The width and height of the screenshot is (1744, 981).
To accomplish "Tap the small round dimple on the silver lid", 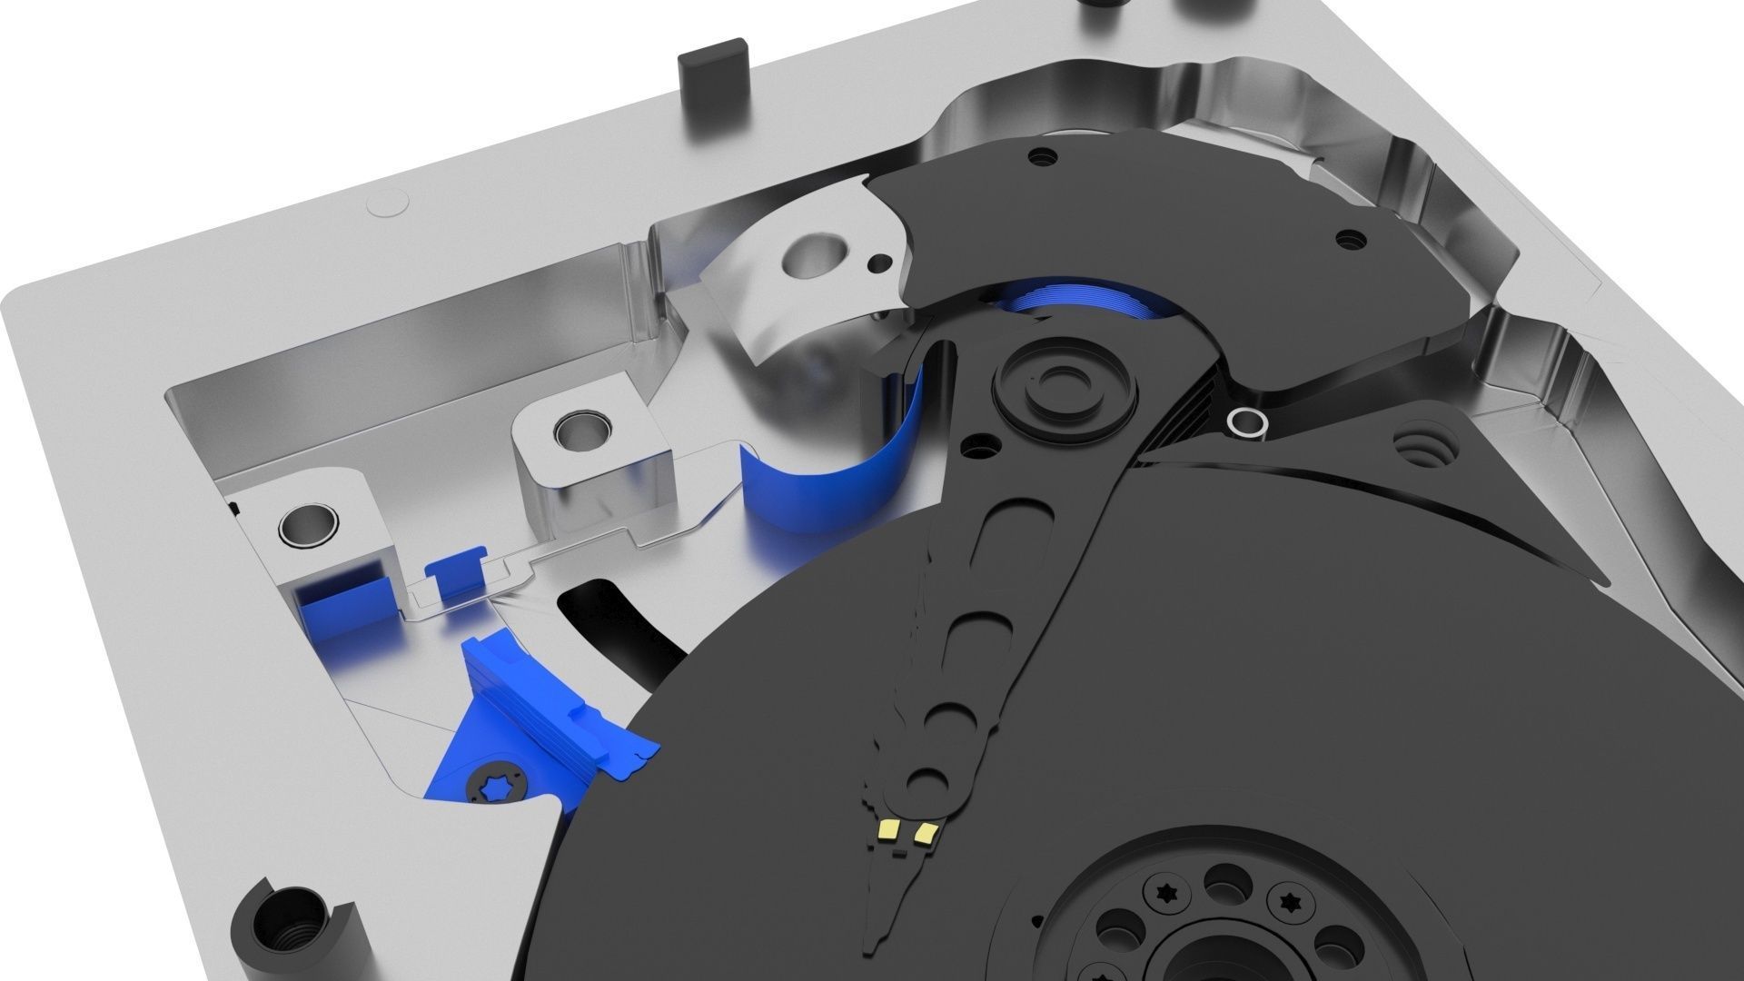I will pyautogui.click(x=387, y=205).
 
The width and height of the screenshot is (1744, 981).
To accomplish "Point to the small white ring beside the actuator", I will pyautogui.click(x=1246, y=421).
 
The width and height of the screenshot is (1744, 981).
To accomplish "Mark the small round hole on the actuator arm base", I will pyautogui.click(x=978, y=446).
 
